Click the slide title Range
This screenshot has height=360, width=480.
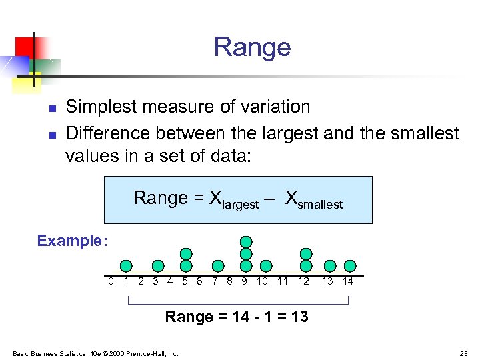tap(252, 47)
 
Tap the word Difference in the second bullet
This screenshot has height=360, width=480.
tap(108, 133)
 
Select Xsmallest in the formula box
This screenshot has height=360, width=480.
tap(313, 199)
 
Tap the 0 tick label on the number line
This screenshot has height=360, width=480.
tap(111, 281)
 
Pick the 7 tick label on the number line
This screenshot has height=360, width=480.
tap(215, 281)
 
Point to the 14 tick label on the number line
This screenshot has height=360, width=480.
tap(347, 281)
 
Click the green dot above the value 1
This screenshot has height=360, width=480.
tap(126, 266)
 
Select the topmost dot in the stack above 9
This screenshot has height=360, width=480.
tap(246, 241)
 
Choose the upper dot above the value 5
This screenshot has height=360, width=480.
tap(186, 254)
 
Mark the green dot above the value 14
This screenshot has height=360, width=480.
tap(349, 266)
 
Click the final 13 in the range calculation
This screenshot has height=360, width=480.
tap(299, 317)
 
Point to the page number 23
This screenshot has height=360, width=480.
tap(463, 353)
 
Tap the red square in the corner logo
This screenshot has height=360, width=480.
tap(25, 46)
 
